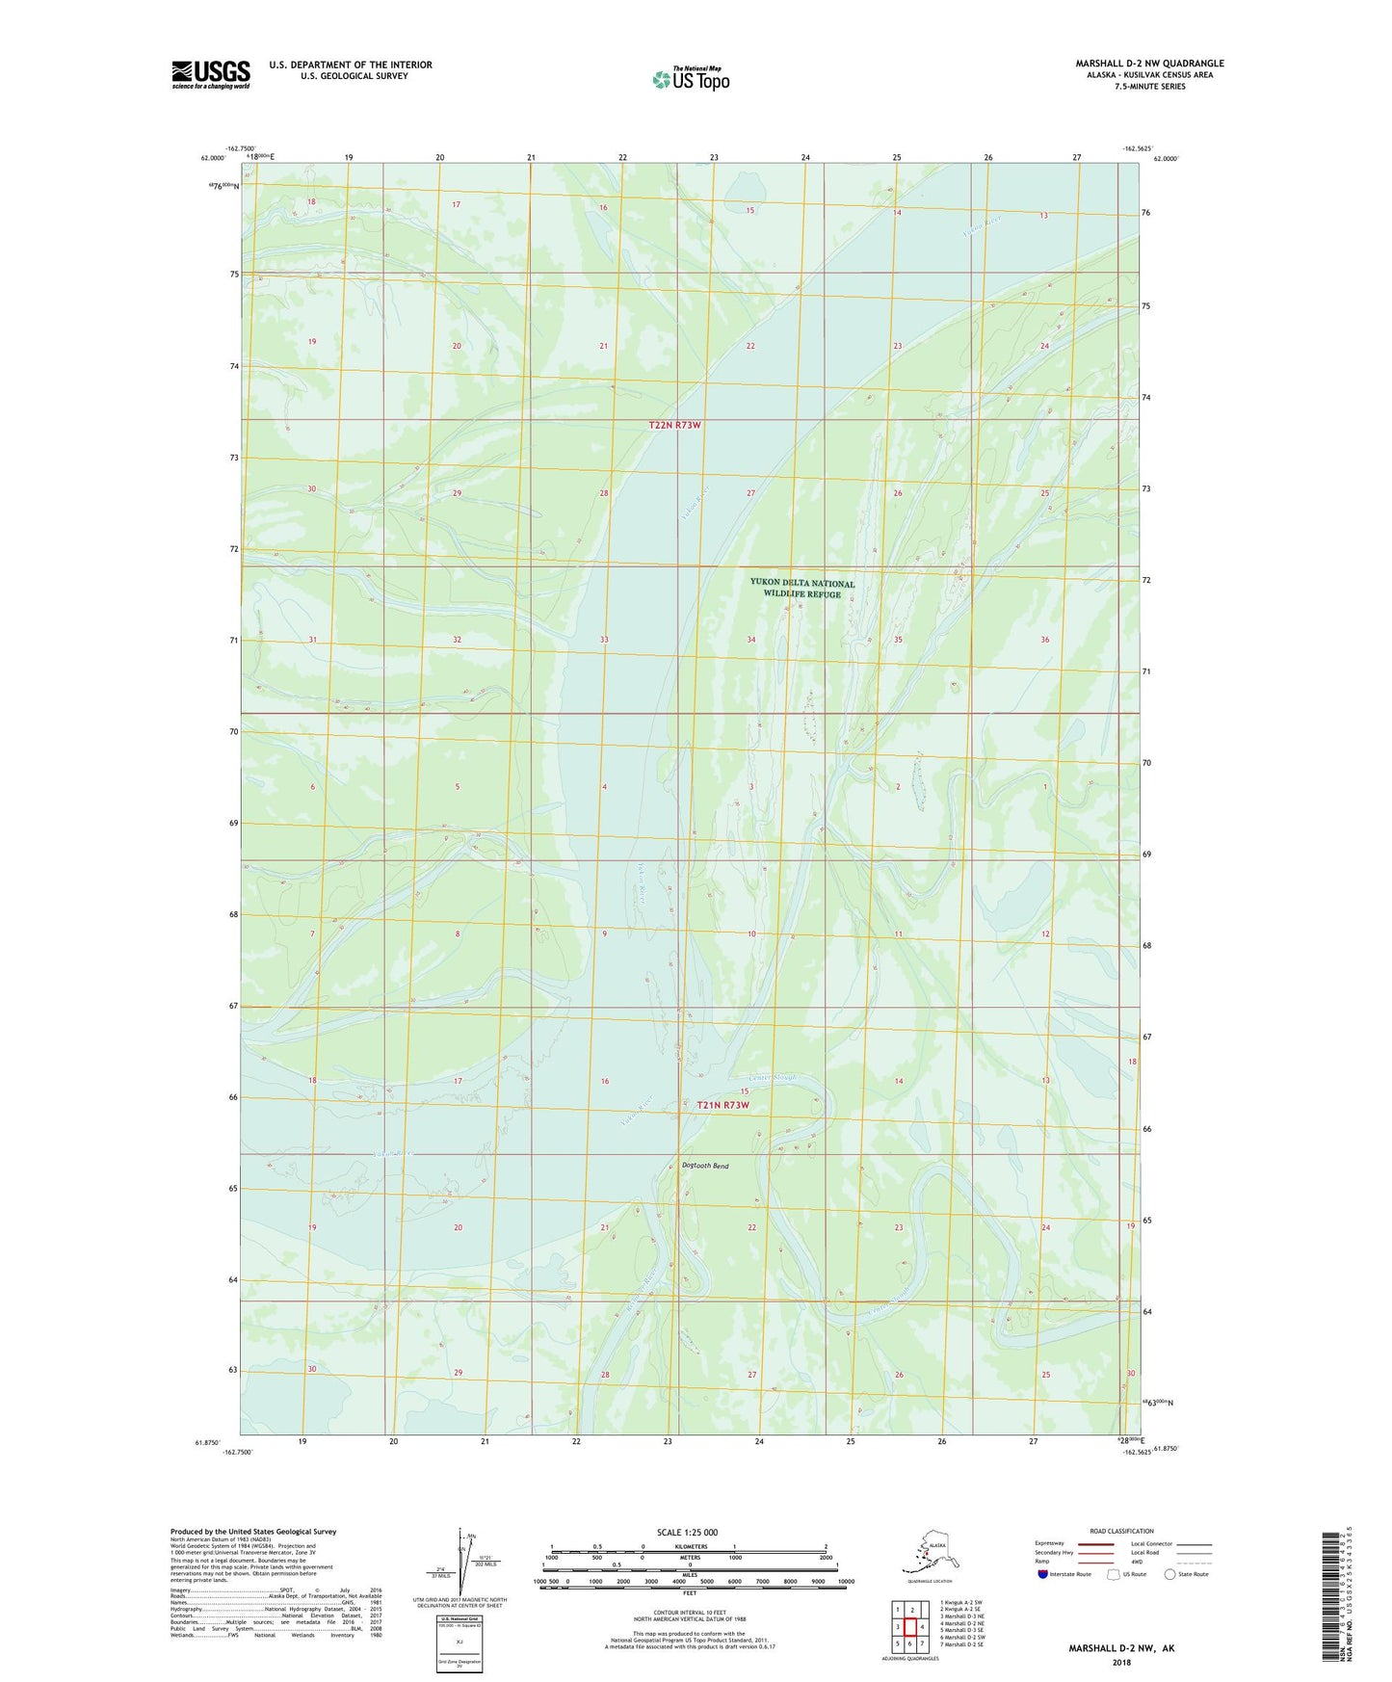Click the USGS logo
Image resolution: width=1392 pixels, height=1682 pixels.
211,74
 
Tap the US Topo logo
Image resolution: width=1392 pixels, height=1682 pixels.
691,79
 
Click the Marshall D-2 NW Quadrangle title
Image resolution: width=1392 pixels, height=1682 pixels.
1149,64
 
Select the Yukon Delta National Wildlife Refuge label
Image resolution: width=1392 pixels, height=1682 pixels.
801,589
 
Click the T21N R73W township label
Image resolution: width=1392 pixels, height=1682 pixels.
722,1105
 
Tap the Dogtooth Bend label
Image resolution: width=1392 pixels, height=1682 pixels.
705,1166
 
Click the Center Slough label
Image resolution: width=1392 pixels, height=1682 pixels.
773,1077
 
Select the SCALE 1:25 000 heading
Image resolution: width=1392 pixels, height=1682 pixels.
688,1532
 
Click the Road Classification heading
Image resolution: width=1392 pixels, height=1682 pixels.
1121,1531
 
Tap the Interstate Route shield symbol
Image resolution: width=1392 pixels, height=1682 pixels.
1043,1574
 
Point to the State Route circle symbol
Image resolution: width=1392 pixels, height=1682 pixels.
1169,1574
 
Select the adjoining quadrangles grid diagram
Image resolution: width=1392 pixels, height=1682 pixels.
909,1628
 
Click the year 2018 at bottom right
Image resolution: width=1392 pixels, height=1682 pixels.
1121,1662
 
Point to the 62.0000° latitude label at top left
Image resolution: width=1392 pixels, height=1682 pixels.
213,158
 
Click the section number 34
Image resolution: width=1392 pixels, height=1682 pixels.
751,640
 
